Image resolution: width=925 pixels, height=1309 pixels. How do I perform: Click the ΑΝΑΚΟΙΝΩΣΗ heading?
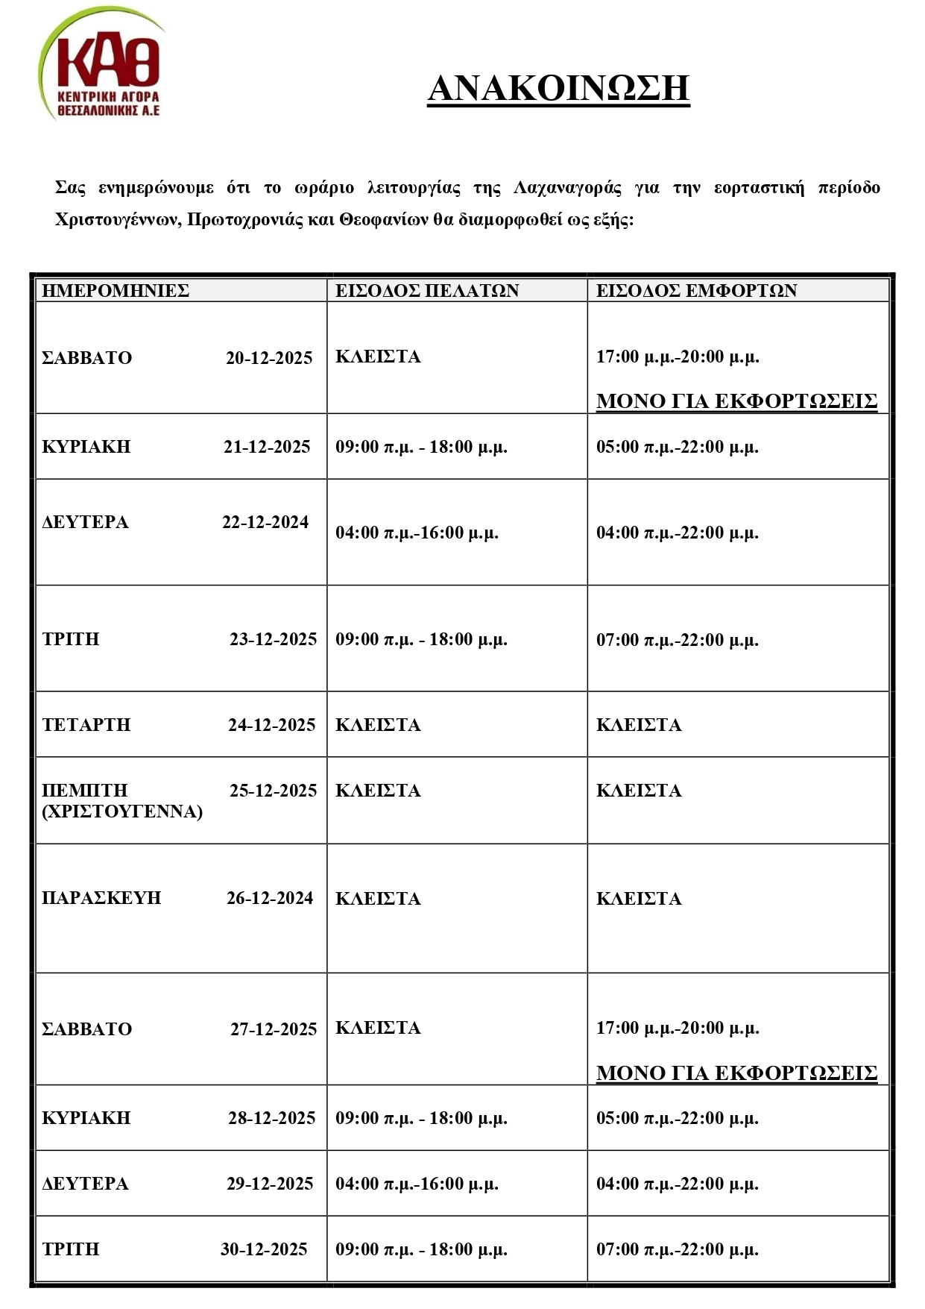point(558,88)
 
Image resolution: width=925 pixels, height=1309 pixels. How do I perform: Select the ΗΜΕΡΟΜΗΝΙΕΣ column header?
point(116,290)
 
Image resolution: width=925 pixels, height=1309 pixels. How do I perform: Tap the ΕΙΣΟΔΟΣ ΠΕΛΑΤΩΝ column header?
point(427,290)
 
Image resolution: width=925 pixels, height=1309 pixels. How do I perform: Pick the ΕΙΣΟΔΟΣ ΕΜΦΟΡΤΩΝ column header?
point(696,290)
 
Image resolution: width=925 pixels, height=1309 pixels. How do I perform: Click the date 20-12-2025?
point(269,358)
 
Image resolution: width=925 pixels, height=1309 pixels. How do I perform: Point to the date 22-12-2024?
point(265,522)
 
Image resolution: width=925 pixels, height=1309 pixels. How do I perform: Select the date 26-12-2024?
point(270,898)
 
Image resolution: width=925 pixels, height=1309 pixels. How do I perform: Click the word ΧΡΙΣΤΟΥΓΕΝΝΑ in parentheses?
point(122,812)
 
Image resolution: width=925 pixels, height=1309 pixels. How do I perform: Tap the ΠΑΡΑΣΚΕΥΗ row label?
point(101,898)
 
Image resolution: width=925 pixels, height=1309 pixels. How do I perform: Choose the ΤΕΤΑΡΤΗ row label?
point(86,725)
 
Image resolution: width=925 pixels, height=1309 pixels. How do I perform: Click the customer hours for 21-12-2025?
point(421,447)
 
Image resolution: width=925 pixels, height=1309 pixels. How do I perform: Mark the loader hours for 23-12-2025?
point(677,640)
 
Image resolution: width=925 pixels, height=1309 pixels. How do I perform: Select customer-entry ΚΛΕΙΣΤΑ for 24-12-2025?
point(378,725)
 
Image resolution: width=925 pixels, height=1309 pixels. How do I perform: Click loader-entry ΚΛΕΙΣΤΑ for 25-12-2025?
point(639,791)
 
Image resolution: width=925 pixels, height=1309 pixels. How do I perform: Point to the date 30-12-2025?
point(264,1249)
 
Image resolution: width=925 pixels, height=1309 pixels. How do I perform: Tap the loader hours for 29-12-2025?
point(677,1184)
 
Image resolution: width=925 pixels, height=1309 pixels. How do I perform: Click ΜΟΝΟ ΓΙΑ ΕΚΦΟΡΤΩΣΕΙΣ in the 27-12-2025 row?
point(736,1073)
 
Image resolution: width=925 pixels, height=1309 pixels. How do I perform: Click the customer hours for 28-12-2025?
point(421,1118)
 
